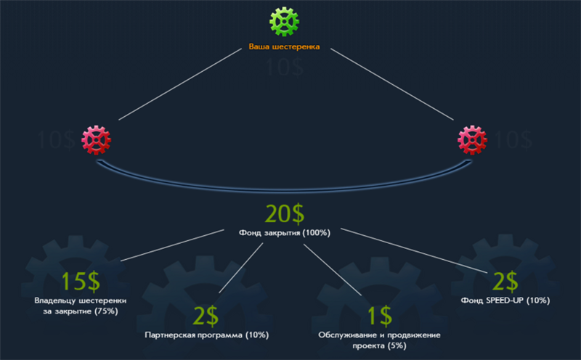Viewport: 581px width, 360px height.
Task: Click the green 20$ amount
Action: point(284,214)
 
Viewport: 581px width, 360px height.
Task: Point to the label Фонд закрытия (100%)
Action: point(285,233)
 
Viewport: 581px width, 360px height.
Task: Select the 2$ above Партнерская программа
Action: point(206,316)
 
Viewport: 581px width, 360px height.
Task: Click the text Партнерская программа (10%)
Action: point(207,335)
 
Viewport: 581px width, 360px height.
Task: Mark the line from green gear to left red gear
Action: point(182,84)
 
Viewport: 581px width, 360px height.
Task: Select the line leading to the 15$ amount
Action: point(174,245)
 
